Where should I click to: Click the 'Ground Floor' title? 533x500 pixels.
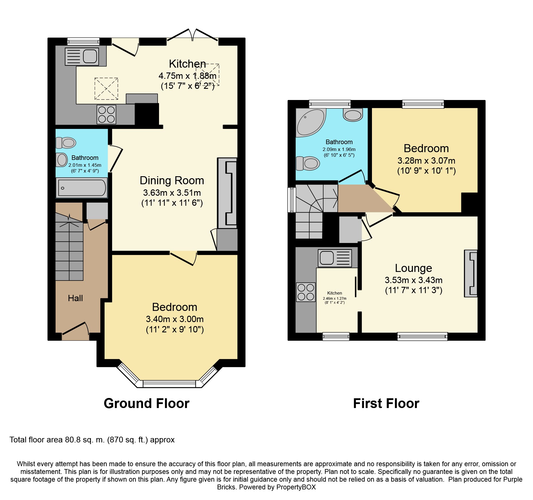pyautogui.click(x=146, y=403)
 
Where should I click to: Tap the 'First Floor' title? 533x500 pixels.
pyautogui.click(x=386, y=403)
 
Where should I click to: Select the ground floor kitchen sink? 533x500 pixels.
pyautogui.click(x=82, y=56)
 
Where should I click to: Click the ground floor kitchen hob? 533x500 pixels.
pyautogui.click(x=106, y=115)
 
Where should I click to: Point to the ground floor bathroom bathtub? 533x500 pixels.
pyautogui.click(x=82, y=188)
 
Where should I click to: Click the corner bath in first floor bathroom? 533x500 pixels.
pyautogui.click(x=311, y=123)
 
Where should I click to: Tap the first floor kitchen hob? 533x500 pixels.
pyautogui.click(x=306, y=292)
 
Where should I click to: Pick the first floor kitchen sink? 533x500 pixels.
pyautogui.click(x=335, y=258)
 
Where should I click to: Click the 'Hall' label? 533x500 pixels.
pyautogui.click(x=75, y=298)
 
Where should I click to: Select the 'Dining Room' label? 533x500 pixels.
pyautogui.click(x=172, y=181)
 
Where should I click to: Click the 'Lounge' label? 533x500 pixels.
pyautogui.click(x=414, y=268)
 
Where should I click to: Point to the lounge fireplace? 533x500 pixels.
pyautogui.click(x=471, y=273)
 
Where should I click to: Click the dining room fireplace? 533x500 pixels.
pyautogui.click(x=227, y=193)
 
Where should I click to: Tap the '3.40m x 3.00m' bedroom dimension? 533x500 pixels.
pyautogui.click(x=175, y=319)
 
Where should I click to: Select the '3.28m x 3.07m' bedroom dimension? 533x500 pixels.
pyautogui.click(x=426, y=160)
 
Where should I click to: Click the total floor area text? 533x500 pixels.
pyautogui.click(x=92, y=440)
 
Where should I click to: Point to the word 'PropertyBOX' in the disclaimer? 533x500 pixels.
pyautogui.click(x=296, y=487)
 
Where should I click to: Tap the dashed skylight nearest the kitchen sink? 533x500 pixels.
pyautogui.click(x=106, y=89)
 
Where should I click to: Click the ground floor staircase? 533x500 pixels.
pyautogui.click(x=69, y=246)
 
